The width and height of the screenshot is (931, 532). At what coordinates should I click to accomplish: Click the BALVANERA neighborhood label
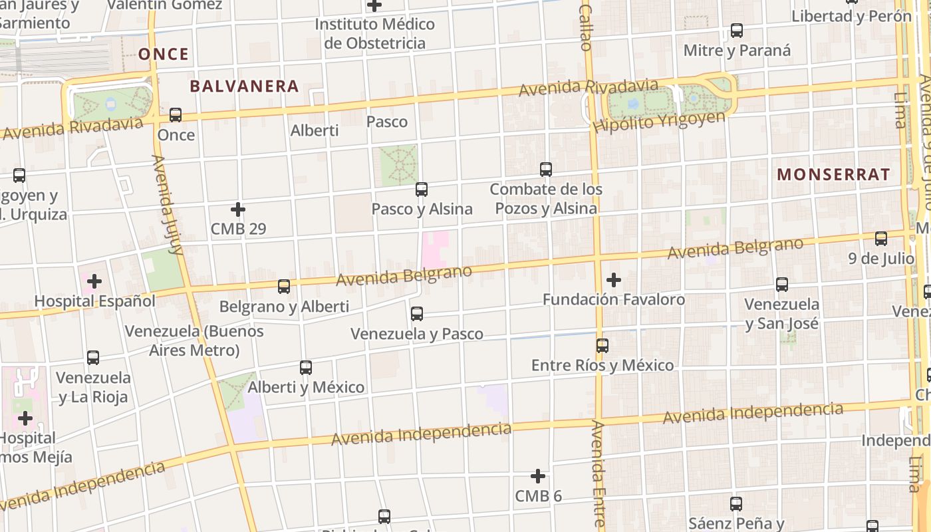(x=244, y=86)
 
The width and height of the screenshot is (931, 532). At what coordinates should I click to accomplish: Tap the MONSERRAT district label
(x=833, y=175)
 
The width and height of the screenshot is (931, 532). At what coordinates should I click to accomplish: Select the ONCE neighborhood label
(x=164, y=55)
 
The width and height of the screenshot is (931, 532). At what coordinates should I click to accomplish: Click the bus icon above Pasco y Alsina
(x=422, y=190)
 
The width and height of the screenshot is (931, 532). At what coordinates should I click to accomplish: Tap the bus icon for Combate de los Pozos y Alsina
(x=546, y=170)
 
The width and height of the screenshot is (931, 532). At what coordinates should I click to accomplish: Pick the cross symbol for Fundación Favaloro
(x=614, y=280)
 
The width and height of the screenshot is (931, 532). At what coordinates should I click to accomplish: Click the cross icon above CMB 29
(x=238, y=210)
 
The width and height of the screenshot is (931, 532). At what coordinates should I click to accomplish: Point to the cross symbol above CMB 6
(x=538, y=476)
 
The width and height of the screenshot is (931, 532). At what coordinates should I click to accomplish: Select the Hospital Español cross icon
(x=94, y=281)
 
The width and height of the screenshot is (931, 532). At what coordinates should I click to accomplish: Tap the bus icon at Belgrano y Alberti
(x=284, y=287)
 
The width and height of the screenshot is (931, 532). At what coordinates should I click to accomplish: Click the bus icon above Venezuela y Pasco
(x=417, y=314)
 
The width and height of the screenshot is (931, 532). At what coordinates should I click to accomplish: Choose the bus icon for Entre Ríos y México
(x=602, y=346)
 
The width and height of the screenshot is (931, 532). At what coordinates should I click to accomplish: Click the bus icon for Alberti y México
(x=306, y=368)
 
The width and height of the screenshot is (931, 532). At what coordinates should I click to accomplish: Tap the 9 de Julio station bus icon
(x=881, y=239)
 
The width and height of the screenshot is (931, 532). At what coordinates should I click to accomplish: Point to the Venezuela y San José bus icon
(x=782, y=285)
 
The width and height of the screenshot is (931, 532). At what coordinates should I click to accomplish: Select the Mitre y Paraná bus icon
(x=737, y=31)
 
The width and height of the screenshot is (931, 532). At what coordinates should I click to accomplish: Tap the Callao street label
(x=585, y=28)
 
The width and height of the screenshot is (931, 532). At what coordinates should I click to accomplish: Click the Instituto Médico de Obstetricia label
(x=374, y=34)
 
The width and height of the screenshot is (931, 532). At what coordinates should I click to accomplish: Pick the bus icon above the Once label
(x=176, y=115)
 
